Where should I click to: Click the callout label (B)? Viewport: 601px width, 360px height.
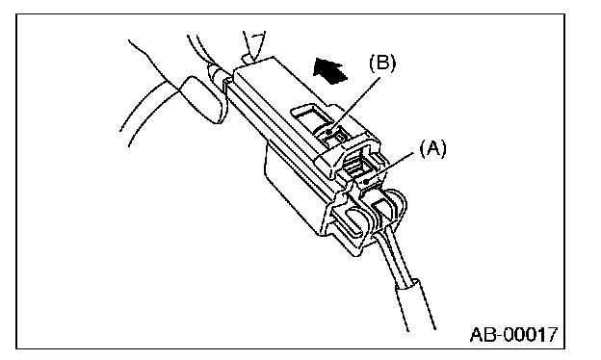(382, 64)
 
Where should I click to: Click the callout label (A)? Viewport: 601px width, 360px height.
(433, 148)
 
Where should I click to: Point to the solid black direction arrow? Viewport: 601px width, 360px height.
(329, 70)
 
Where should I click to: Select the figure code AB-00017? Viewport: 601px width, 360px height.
(513, 334)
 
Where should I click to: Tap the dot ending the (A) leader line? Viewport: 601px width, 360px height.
(367, 182)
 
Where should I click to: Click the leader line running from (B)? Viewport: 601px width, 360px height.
(355, 105)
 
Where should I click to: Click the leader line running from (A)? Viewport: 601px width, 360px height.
(391, 167)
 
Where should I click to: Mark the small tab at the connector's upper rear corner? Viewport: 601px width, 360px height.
(248, 59)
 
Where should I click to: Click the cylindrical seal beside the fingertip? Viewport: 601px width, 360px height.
(219, 75)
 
